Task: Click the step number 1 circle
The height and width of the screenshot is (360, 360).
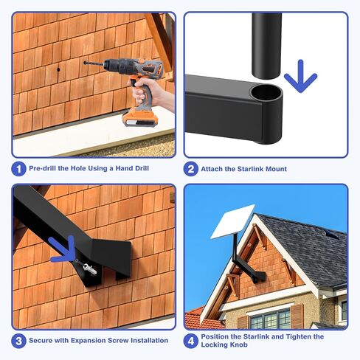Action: tap(18, 169)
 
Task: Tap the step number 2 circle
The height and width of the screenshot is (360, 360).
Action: tap(191, 169)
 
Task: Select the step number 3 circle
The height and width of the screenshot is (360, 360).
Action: tap(18, 341)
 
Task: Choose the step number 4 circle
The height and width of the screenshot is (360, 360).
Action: tap(191, 341)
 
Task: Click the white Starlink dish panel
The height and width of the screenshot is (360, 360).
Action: tap(232, 221)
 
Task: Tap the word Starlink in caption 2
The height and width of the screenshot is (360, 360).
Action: tap(254, 169)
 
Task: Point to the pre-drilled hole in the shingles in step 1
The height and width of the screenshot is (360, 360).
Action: tap(56, 71)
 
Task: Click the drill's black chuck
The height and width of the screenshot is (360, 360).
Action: tap(111, 67)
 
